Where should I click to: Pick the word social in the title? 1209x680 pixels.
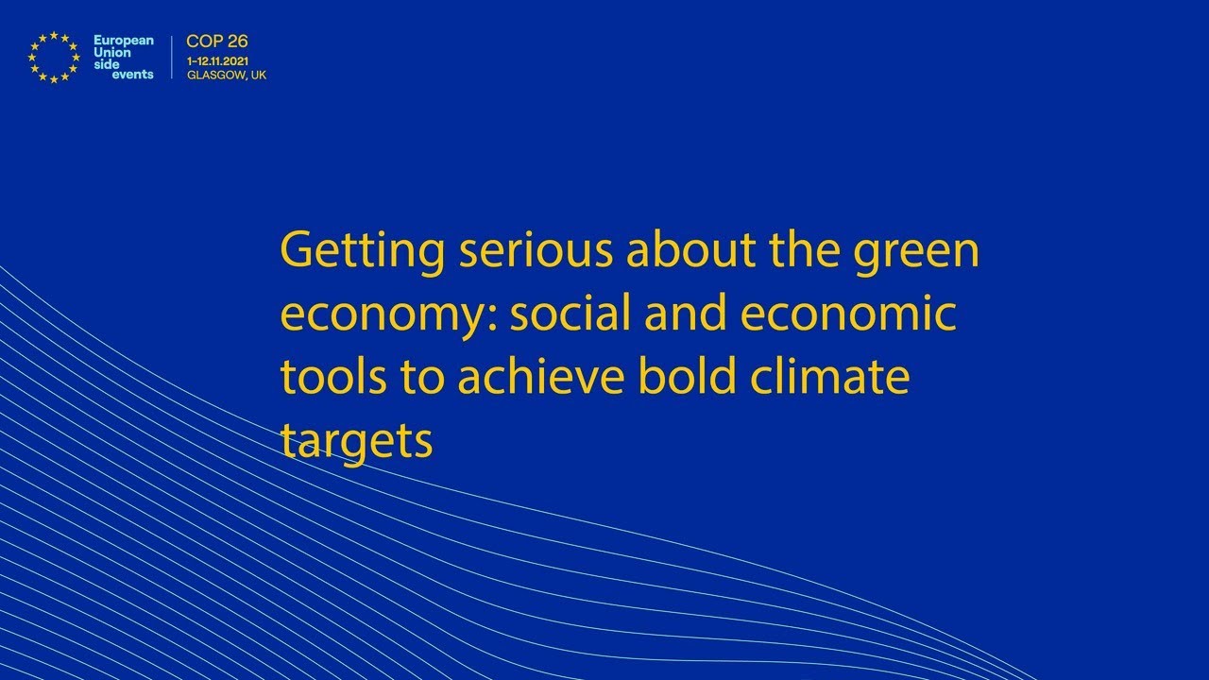click(570, 314)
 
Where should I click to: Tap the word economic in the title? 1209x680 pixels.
click(848, 314)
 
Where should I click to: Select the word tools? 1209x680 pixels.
click(333, 376)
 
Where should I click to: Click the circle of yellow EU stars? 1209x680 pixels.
click(54, 57)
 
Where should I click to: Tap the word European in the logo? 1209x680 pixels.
click(123, 41)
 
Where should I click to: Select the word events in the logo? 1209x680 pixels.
click(132, 76)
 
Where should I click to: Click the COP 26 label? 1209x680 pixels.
click(217, 42)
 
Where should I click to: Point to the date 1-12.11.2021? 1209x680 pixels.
click(218, 60)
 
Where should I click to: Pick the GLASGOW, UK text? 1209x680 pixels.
click(227, 76)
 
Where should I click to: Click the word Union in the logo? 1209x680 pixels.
click(111, 52)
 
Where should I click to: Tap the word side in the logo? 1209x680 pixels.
click(106, 64)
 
